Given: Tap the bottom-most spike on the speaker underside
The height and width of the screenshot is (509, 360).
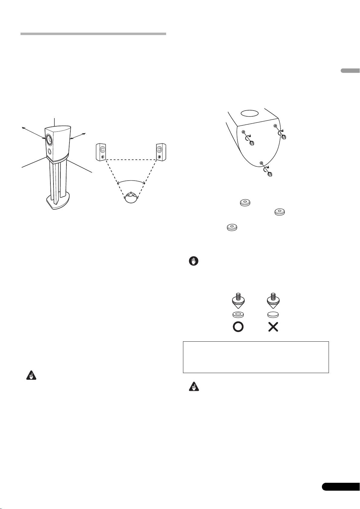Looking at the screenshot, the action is (270, 174).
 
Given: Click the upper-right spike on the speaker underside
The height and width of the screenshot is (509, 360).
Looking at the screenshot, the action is (284, 137).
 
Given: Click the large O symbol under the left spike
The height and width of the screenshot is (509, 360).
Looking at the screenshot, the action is (238, 327).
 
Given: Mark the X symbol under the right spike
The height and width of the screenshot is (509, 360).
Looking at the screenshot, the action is (273, 327).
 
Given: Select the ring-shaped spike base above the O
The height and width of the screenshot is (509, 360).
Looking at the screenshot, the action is (238, 314).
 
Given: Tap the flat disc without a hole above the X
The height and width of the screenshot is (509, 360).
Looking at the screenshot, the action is (273, 314).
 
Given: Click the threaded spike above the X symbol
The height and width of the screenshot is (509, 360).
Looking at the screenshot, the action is (273, 300).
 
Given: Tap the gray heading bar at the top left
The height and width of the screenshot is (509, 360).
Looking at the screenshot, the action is (93, 34).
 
